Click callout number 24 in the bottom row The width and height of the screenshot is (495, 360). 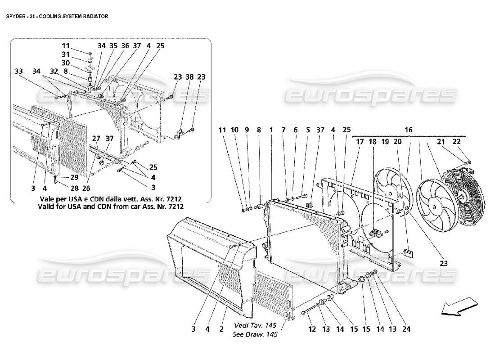click(406, 329)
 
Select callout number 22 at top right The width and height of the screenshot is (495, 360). click(457, 142)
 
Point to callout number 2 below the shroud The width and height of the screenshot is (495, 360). click(221, 329)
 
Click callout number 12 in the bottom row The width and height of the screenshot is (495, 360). click(311, 329)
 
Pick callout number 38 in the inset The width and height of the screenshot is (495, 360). click(189, 77)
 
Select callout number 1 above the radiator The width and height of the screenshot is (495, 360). click(271, 130)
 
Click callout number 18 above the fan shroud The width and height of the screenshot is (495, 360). click(373, 142)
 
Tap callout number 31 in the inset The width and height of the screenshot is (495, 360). click(66, 54)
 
